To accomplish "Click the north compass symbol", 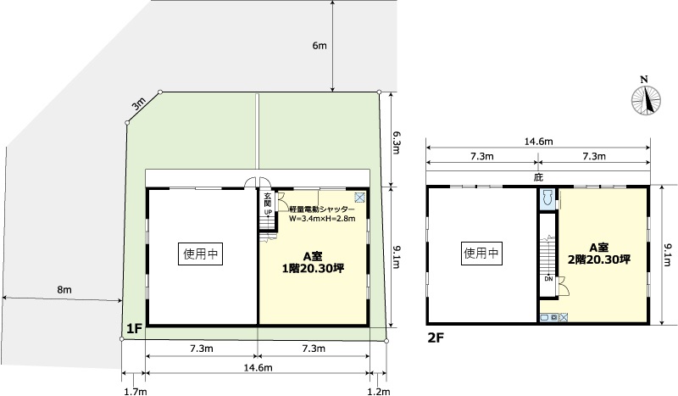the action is (x=646, y=100).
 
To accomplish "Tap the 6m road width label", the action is (x=320, y=46).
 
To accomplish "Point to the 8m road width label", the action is (x=64, y=289).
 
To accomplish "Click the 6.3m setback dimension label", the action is (x=396, y=142).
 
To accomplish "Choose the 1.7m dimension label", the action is (x=136, y=392).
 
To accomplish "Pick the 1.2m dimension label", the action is (x=378, y=392).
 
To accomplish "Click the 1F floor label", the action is (x=134, y=329).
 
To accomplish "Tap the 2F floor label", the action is (x=436, y=337).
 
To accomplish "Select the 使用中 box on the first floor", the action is (x=200, y=254).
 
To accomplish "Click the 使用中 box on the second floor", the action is (x=481, y=253).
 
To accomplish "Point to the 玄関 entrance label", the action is (x=268, y=199).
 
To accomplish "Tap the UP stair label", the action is (x=268, y=212).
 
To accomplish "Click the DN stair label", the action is (x=548, y=279).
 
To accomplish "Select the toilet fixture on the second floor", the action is (x=547, y=198).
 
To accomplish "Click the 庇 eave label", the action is (x=538, y=177).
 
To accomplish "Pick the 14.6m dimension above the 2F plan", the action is (x=538, y=142).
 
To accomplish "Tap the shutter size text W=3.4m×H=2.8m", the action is (x=322, y=219).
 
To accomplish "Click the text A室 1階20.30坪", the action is (x=313, y=263).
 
